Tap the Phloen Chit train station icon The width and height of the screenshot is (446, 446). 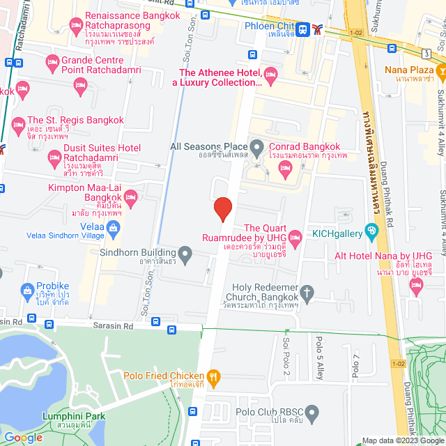pyautogui.click(x=302, y=29)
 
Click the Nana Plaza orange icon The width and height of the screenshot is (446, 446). pyautogui.click(x=440, y=70)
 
